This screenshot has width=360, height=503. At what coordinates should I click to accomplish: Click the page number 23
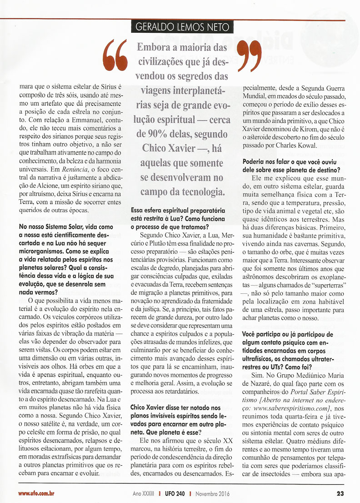[340, 493]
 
